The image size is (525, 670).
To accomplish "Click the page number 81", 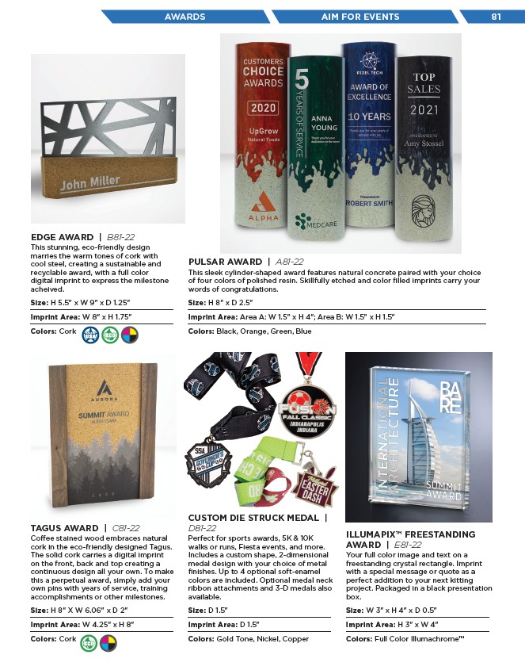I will (496, 16).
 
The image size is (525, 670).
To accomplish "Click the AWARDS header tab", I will (185, 16).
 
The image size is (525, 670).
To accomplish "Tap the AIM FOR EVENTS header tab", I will (360, 16).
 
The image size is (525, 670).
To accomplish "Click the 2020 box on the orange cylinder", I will (263, 108).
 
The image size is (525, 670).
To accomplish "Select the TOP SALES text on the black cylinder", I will (424, 84).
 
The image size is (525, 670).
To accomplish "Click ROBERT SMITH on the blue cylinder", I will (371, 202).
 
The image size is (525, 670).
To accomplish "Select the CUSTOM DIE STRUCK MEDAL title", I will (253, 518).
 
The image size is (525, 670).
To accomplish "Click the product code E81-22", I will (405, 546).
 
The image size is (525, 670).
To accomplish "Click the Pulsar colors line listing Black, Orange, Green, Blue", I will (249, 331).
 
